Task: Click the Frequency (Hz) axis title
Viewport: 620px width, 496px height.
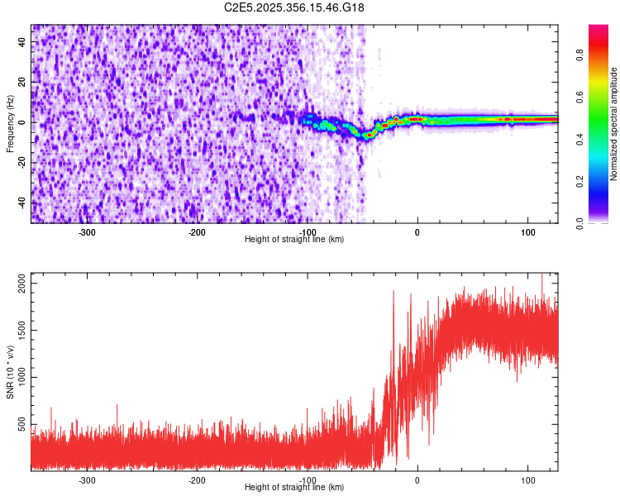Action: [x=10, y=124]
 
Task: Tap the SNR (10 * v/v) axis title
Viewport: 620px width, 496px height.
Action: [x=10, y=371]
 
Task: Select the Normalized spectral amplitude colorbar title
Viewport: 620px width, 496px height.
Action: [x=614, y=124]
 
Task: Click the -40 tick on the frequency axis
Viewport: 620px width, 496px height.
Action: [x=20, y=203]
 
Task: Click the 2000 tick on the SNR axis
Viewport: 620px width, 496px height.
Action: [x=18, y=284]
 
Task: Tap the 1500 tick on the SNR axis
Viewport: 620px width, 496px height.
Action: [x=18, y=331]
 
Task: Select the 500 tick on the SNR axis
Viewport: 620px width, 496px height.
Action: [x=21, y=425]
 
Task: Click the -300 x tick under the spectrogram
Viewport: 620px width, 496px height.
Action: [x=87, y=231]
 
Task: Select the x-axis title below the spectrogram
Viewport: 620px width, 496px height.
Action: [x=294, y=240]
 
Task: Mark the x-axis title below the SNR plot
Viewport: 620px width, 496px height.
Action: [x=294, y=488]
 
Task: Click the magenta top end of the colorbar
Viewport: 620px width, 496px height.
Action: [x=599, y=28]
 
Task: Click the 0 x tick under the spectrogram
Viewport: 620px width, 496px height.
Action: [x=417, y=231]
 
